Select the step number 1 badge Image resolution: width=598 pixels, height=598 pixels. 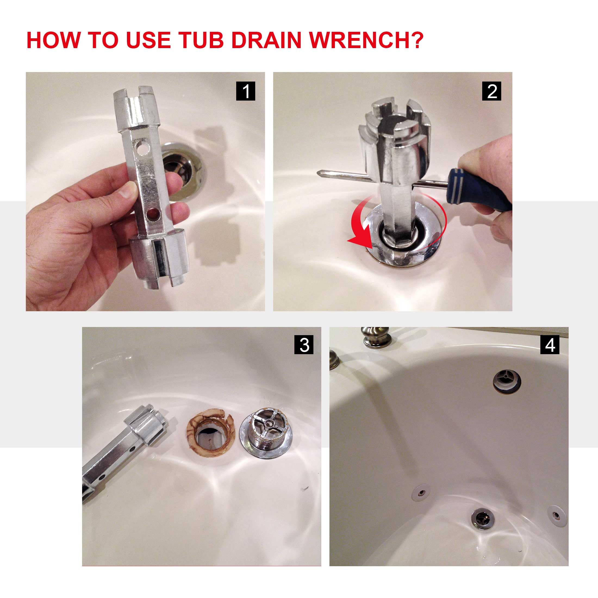(245, 91)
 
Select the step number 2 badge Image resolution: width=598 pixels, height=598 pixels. (491, 91)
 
